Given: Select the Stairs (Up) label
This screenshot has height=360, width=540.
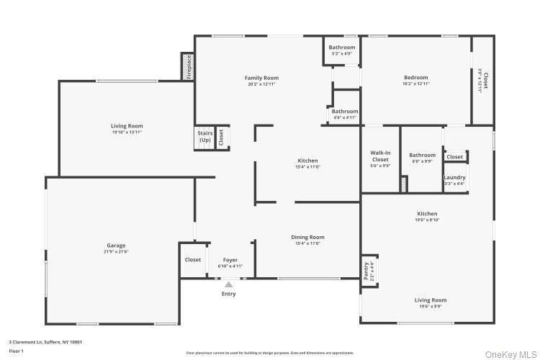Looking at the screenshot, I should [x=204, y=136].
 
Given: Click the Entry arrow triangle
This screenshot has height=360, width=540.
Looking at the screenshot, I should [x=228, y=285].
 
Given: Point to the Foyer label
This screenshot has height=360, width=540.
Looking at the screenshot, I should [x=230, y=260].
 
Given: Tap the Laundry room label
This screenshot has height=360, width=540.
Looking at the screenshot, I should [x=454, y=177].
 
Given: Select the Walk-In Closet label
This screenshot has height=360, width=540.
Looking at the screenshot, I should [x=380, y=156].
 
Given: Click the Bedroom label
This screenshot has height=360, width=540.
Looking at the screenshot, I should [x=415, y=78].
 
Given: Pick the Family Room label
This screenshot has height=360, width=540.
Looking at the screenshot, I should [x=261, y=78].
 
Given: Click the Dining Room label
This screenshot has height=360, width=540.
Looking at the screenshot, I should [x=307, y=237].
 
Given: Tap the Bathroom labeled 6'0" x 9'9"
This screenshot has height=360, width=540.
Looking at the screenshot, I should [x=422, y=155].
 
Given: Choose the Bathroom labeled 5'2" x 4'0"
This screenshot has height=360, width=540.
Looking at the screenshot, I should [x=342, y=48].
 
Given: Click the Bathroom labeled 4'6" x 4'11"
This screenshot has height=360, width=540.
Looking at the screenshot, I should [x=344, y=112].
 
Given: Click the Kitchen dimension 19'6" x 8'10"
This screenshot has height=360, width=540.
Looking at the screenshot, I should [x=427, y=220].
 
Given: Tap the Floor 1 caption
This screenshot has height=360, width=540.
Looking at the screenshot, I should [x=16, y=351].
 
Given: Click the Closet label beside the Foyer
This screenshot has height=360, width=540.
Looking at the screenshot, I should [x=193, y=260].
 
